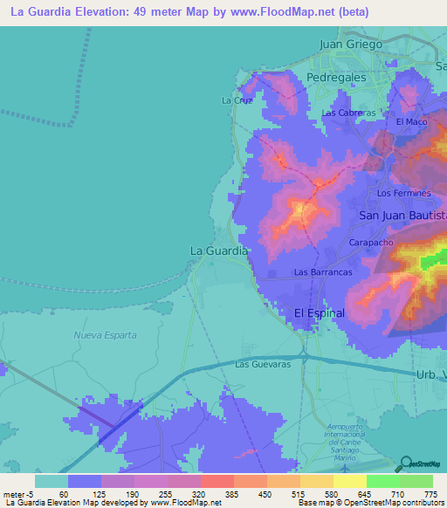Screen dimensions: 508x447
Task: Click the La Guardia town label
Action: (219, 251)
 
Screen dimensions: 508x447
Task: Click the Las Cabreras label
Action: (348, 113)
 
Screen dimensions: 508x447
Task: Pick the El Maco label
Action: (410, 122)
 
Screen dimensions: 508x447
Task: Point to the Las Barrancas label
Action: (322, 272)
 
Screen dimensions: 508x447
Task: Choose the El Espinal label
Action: (320, 312)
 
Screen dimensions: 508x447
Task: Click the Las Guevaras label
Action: (262, 364)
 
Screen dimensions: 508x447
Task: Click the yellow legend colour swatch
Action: (350, 481)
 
